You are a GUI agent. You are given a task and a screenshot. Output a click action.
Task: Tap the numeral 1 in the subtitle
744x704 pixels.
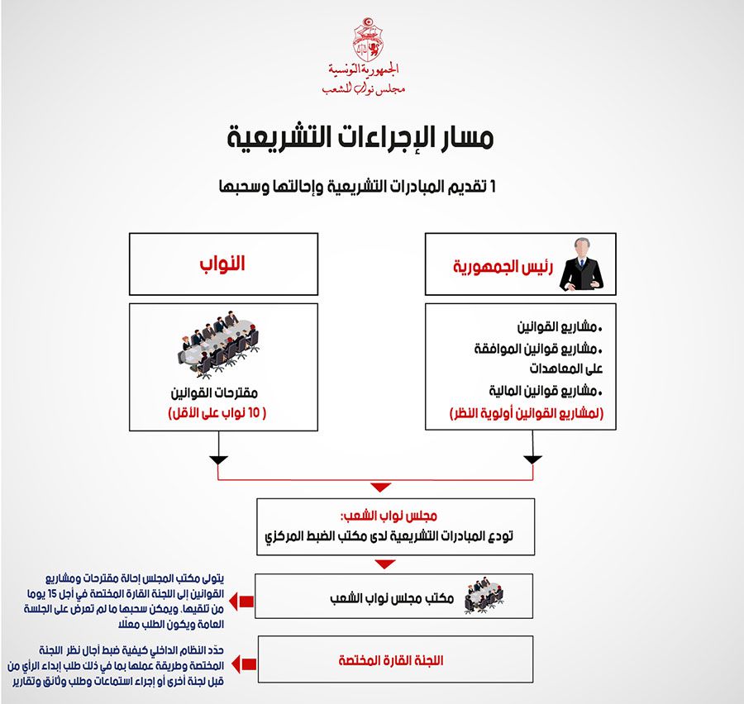tap(494, 187)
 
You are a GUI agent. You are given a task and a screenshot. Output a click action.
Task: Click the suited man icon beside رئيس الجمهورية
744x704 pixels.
tap(581, 264)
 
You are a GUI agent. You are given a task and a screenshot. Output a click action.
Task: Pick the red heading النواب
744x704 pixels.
tap(224, 264)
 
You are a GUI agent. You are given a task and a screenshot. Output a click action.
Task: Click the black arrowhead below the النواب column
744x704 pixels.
tap(217, 459)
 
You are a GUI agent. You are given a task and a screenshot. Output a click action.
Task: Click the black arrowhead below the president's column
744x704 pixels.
tap(532, 459)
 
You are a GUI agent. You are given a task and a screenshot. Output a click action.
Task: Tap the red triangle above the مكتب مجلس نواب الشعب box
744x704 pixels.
tap(381, 564)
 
